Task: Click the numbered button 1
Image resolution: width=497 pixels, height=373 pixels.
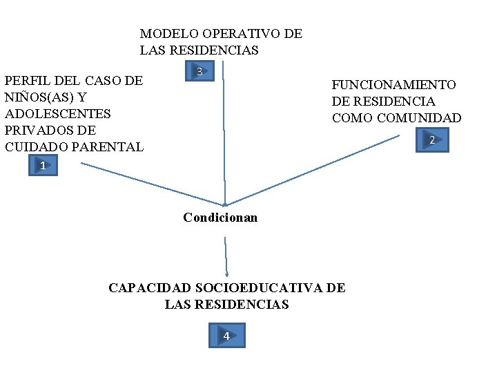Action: (x=43, y=166)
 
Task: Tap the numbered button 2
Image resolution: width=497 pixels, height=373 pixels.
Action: (x=432, y=140)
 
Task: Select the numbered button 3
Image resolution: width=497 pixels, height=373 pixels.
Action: (x=199, y=71)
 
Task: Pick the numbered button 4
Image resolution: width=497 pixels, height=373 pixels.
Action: (x=226, y=336)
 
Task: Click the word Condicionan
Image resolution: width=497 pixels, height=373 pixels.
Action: (x=220, y=218)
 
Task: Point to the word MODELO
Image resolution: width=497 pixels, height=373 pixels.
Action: (x=168, y=34)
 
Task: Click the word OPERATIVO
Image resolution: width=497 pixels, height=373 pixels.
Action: (x=241, y=34)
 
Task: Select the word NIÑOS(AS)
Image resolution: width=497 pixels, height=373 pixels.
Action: (x=40, y=97)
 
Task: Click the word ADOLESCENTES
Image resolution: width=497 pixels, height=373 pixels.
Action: (x=58, y=114)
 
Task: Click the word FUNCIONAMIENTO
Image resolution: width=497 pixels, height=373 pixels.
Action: (x=393, y=85)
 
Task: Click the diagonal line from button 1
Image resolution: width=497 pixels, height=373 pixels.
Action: (x=152, y=184)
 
